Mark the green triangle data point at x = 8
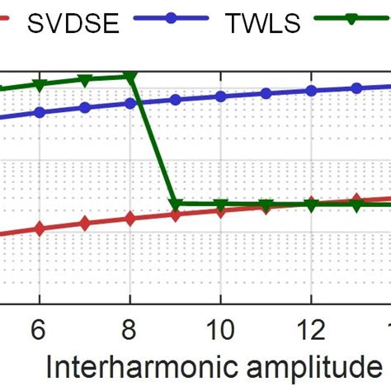click(x=130, y=77)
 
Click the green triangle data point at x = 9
click(x=175, y=204)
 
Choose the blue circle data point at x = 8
click(x=130, y=103)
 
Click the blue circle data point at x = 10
click(x=220, y=96)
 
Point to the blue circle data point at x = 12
click(x=311, y=91)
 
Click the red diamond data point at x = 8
click(x=130, y=219)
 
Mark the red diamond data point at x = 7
click(x=84, y=224)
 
